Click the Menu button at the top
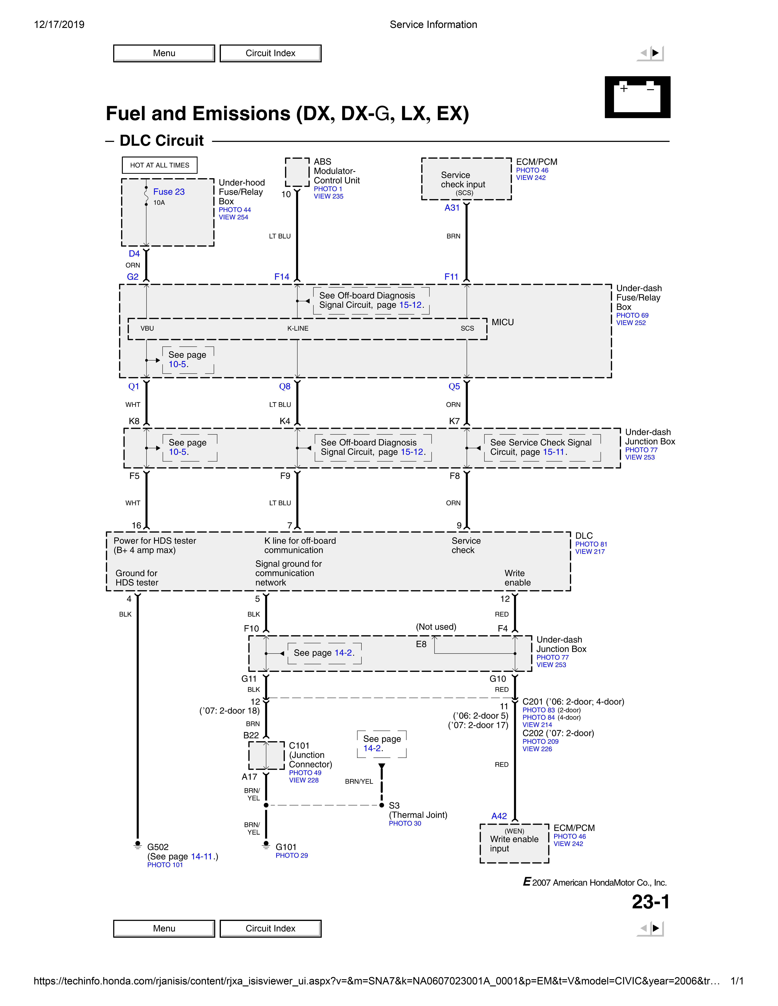pos(164,53)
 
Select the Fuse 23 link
pos(169,192)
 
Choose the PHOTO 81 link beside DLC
pos(591,544)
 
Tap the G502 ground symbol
pos(137,845)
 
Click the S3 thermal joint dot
pos(382,805)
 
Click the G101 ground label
pos(286,847)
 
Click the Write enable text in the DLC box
pos(517,578)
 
